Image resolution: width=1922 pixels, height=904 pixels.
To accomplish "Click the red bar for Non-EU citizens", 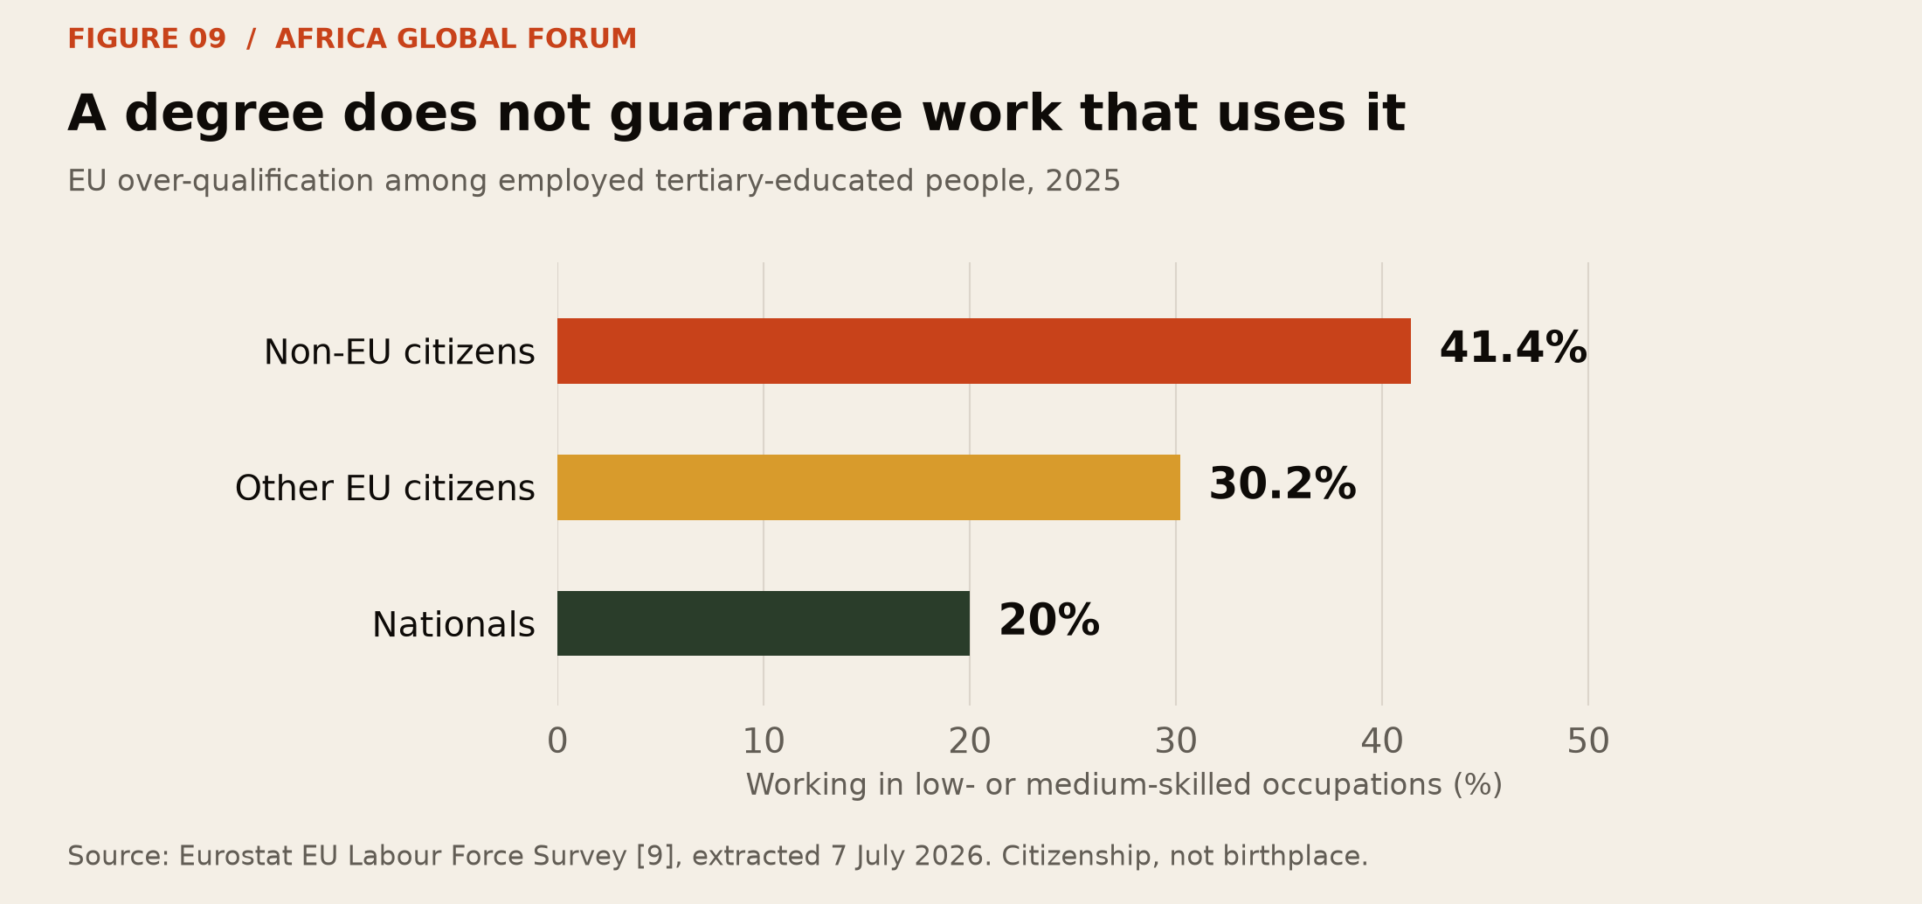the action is pyautogui.click(x=984, y=351).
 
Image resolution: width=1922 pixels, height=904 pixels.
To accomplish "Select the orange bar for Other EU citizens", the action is pyautogui.click(x=868, y=487).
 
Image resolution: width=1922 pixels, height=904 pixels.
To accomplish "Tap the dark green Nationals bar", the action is pyautogui.click(x=764, y=623).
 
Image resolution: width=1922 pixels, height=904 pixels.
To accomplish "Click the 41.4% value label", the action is pyautogui.click(x=1513, y=349).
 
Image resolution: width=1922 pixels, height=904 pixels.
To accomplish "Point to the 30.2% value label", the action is pyautogui.click(x=1282, y=485).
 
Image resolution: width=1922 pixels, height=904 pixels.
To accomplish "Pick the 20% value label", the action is pyautogui.click(x=1049, y=622).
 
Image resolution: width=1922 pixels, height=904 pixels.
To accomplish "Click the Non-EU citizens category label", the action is pyautogui.click(x=399, y=352).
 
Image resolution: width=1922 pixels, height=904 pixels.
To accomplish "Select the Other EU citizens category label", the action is pyautogui.click(x=384, y=488).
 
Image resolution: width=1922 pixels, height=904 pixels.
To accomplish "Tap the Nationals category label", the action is pyautogui.click(x=453, y=625).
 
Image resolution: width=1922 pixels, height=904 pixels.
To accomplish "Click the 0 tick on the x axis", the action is pyautogui.click(x=557, y=741).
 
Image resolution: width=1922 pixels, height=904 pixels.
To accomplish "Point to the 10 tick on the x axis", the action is pyautogui.click(x=764, y=741).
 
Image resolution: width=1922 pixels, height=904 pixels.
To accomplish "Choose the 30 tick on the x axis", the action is pyautogui.click(x=1176, y=741).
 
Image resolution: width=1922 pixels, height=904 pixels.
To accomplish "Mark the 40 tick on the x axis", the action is pyautogui.click(x=1382, y=741).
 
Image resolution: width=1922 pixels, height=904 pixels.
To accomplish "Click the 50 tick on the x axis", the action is pyautogui.click(x=1588, y=741).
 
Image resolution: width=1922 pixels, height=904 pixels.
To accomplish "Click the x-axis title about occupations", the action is pyautogui.click(x=1123, y=785).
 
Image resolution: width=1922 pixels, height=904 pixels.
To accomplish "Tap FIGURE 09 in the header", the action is pyautogui.click(x=147, y=39).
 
